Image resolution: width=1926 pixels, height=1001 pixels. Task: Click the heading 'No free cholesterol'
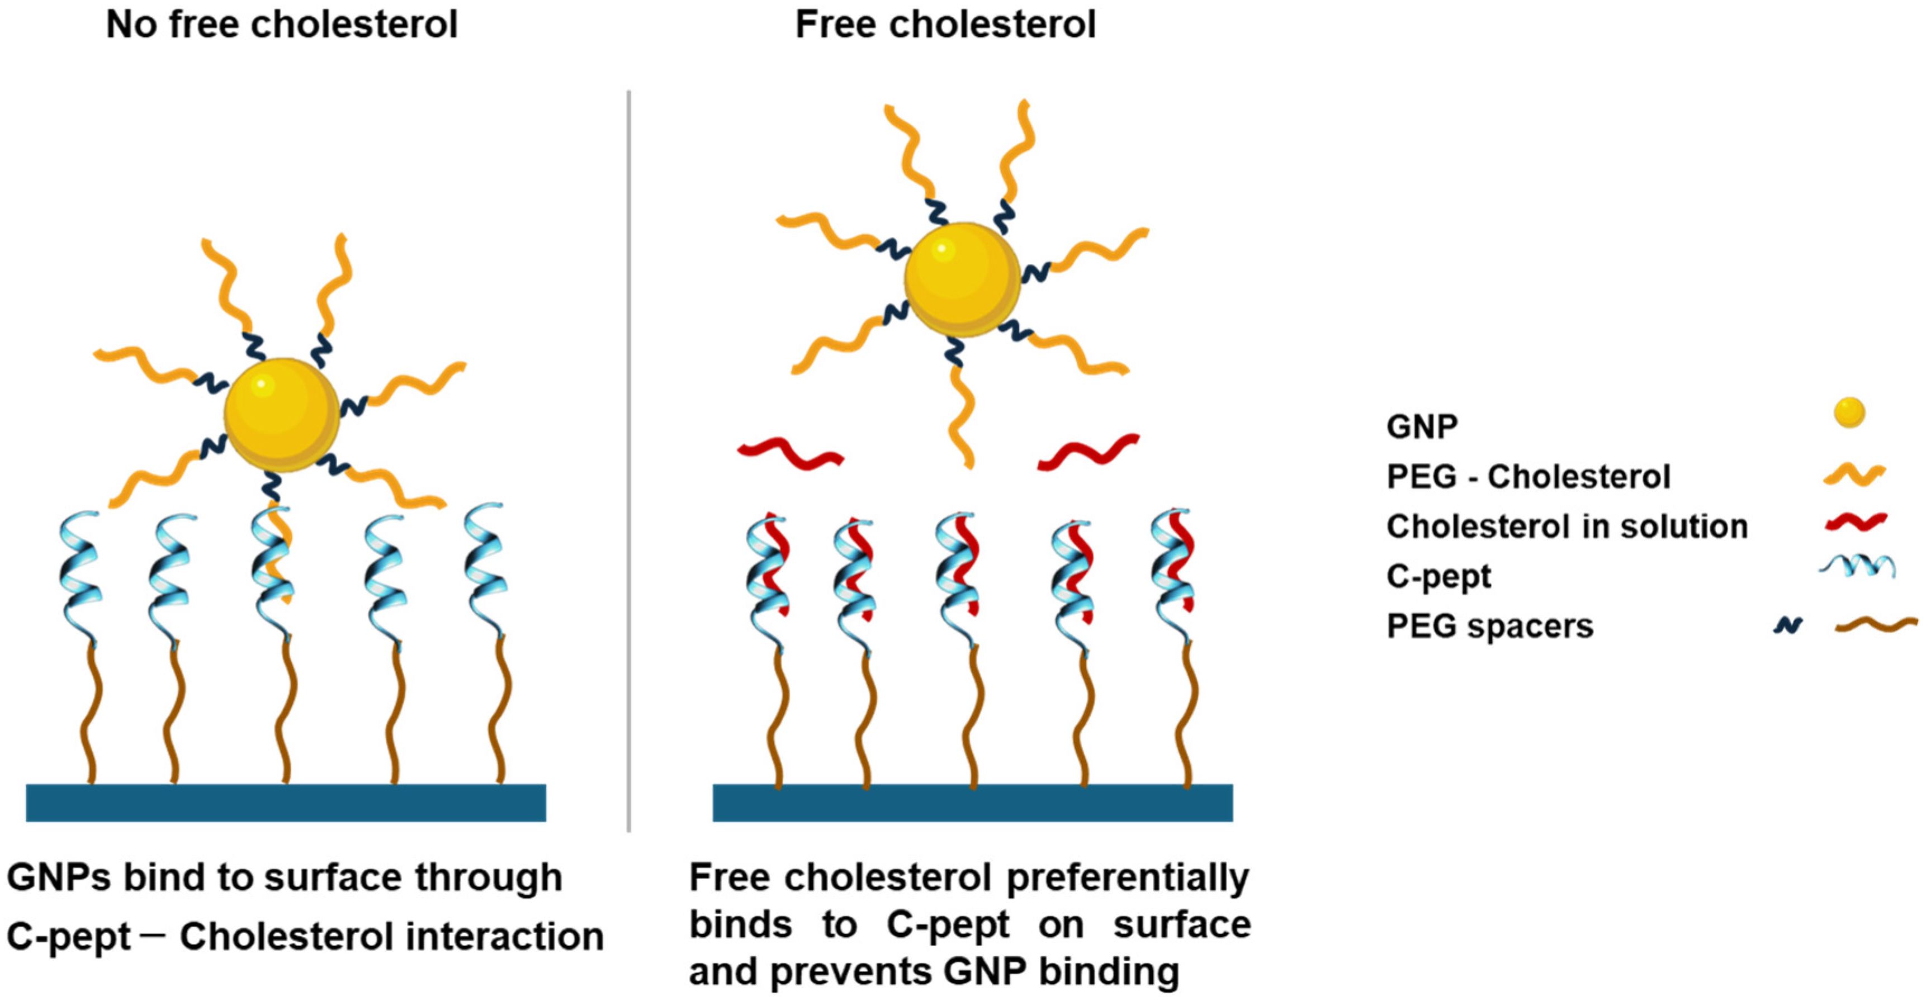coord(282,25)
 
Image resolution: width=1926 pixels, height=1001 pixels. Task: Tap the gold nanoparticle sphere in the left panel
coord(282,415)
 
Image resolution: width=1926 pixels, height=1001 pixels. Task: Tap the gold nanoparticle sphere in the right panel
coord(962,279)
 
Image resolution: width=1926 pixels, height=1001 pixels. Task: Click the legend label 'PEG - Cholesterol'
coord(1527,477)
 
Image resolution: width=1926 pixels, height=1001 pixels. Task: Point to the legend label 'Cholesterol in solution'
coord(1567,526)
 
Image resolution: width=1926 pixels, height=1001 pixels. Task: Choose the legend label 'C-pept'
coord(1438,576)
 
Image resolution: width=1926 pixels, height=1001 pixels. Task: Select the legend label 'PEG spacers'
coord(1489,626)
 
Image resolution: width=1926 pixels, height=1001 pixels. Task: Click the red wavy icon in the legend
coord(1855,522)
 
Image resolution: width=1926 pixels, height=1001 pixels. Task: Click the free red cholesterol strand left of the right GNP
coord(791,454)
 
